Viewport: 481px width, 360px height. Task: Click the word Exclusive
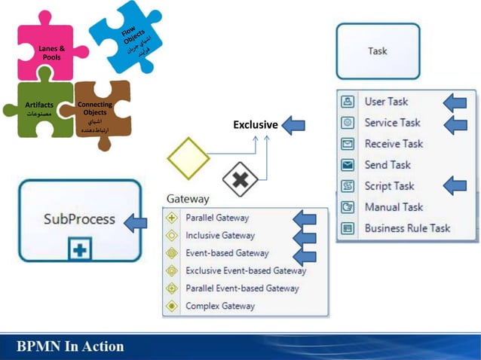[255, 124]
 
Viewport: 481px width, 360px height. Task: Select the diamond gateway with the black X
[240, 179]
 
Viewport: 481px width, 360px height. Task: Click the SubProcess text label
[79, 219]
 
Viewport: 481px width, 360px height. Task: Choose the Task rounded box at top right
[378, 51]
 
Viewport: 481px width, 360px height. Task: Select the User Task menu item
[386, 102]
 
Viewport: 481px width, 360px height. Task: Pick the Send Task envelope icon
[348, 165]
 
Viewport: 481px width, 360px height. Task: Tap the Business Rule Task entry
[406, 228]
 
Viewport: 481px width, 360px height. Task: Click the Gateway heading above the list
[187, 199]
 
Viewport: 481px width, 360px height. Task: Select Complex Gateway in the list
[219, 306]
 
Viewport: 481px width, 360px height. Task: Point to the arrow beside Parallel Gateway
[304, 219]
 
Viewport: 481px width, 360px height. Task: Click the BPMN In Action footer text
[71, 346]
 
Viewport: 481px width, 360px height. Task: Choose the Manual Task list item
[393, 207]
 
